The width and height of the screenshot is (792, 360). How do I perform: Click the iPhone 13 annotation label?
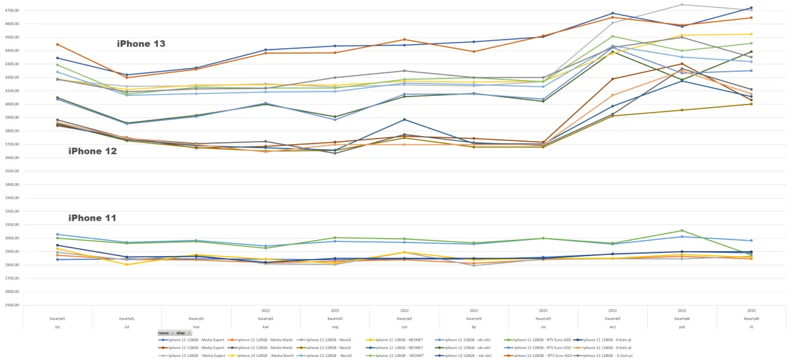point(141,44)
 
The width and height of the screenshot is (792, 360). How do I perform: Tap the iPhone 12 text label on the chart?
point(92,151)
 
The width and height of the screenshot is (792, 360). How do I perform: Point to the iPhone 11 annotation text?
point(92,218)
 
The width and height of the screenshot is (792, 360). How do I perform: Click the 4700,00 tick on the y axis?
point(11,11)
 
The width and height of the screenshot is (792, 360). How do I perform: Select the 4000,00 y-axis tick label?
point(11,104)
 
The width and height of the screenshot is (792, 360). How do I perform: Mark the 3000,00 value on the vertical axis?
point(11,238)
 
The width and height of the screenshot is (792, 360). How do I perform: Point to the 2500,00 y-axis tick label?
point(11,305)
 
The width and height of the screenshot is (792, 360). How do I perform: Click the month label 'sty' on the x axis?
point(58,325)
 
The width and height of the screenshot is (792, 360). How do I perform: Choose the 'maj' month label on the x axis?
point(335,325)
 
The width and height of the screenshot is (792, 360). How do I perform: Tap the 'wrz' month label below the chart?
point(612,325)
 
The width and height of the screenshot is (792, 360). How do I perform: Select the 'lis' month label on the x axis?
point(751,325)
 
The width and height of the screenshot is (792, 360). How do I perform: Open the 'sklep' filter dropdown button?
point(184,333)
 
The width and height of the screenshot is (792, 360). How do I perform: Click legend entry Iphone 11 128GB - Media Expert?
point(191,340)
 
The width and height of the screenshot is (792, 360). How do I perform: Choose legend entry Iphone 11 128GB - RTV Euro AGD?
point(538,340)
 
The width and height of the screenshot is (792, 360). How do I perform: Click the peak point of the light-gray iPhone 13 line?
point(682,5)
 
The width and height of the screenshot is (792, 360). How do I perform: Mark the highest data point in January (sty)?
point(58,45)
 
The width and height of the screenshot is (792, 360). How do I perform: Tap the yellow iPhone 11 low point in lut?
point(127,265)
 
